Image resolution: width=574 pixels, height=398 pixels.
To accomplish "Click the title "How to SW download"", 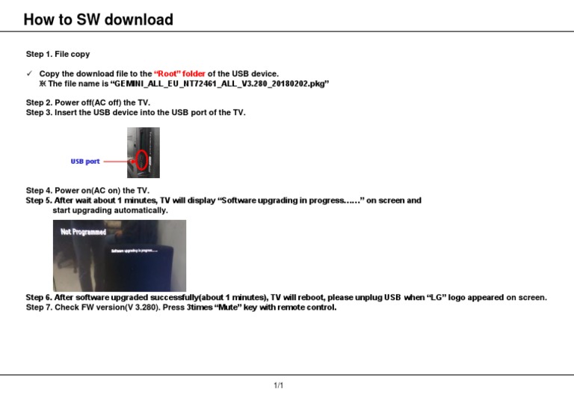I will pos(98,20).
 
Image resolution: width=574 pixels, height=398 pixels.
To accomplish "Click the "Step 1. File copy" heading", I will pos(58,55).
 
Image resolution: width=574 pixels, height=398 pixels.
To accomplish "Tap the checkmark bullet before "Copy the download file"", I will pos(29,73).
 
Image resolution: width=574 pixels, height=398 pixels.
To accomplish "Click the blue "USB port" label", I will pos(85,162).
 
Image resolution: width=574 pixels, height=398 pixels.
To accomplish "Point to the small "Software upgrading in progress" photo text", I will pos(135,251).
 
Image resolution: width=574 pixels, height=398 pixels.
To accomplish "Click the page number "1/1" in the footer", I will pos(278,385).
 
